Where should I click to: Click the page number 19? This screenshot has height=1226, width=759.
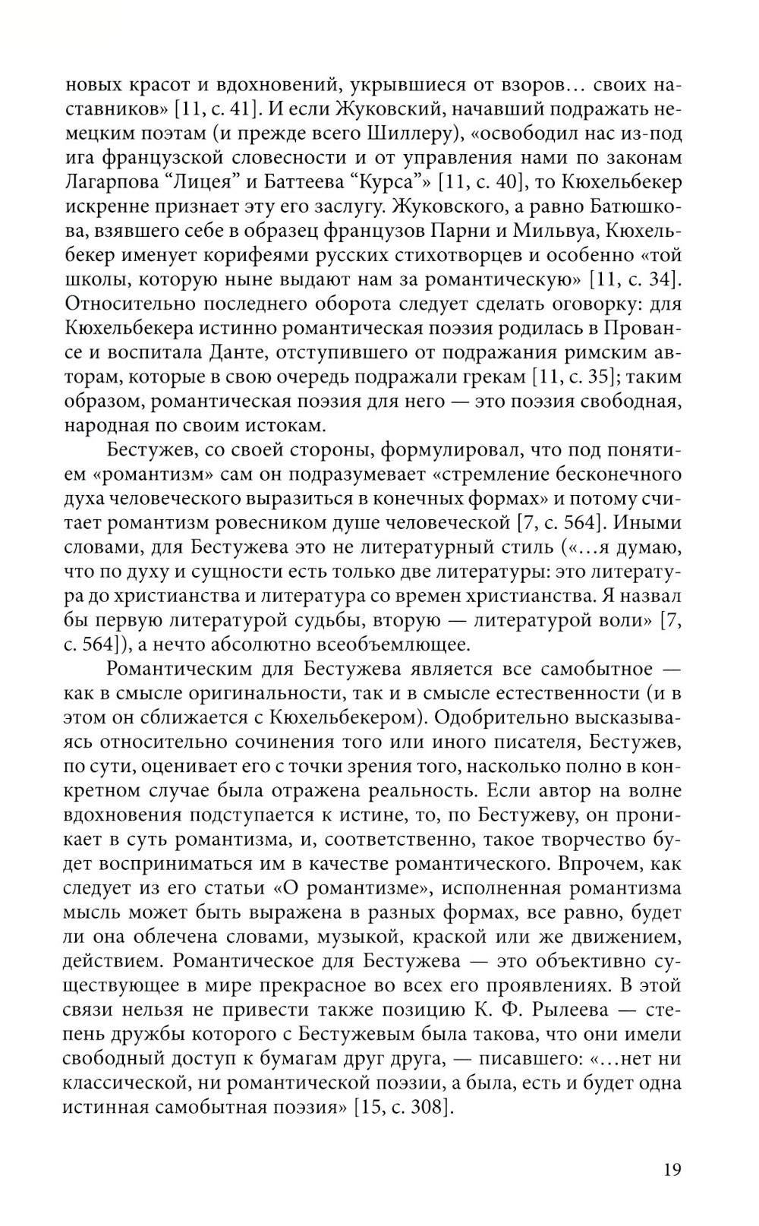coord(671,1169)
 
